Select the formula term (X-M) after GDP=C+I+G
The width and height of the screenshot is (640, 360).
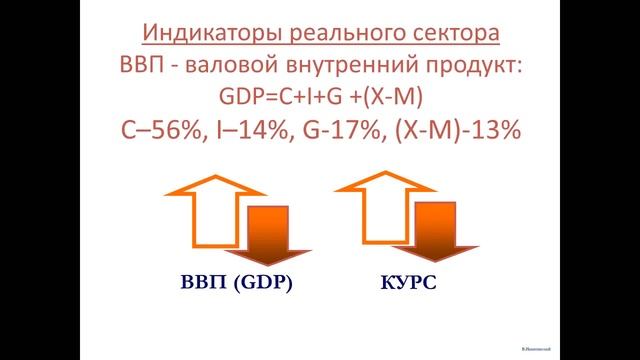(x=391, y=98)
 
